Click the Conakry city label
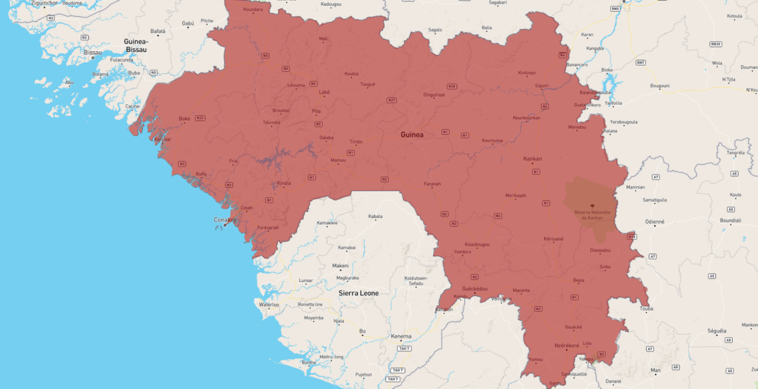coord(225,220)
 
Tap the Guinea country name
coord(412,135)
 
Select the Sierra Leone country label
coord(358,293)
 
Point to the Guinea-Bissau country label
coord(136,45)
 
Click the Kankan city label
coord(533,158)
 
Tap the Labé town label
coord(324,92)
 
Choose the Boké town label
coord(185,119)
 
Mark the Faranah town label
coord(432,184)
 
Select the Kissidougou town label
coord(477,244)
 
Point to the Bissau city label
coord(93,52)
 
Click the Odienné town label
coord(654,221)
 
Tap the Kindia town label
coord(284,183)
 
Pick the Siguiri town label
coord(542,85)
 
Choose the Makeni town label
coord(341,265)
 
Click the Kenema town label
coord(401,336)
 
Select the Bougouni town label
coord(660,85)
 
